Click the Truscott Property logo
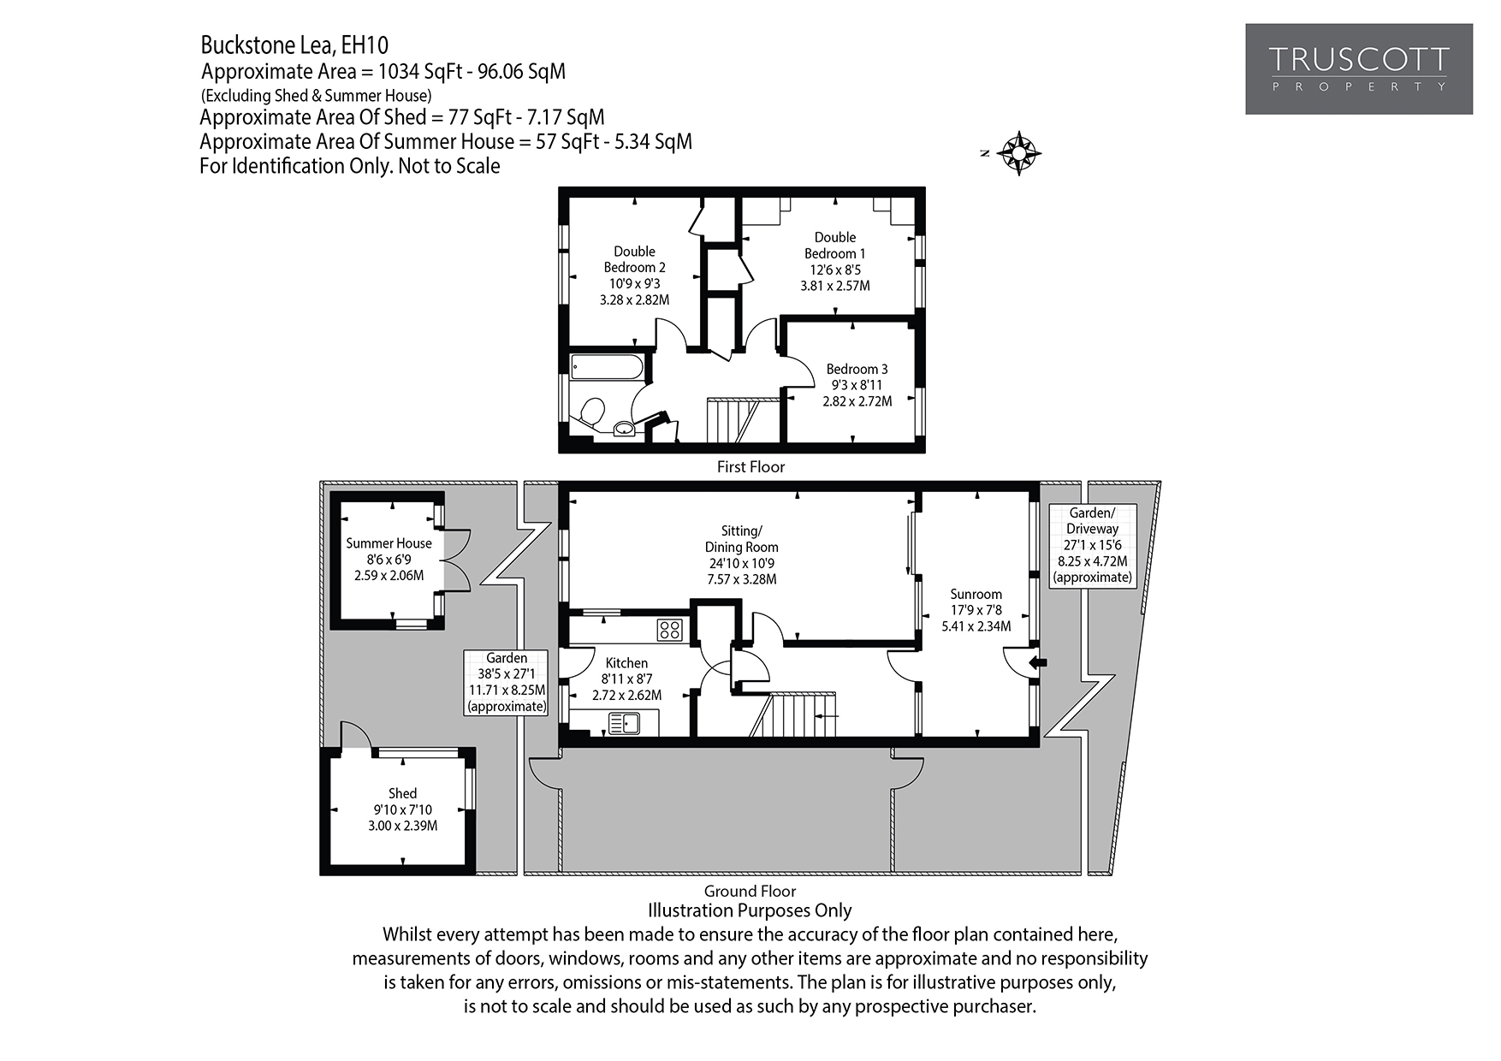[1358, 69]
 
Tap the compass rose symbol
[1019, 154]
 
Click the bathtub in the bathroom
[606, 367]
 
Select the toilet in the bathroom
[590, 412]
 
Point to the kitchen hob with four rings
[669, 631]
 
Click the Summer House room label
[389, 543]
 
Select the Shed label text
[402, 793]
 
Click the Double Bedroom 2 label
[634, 259]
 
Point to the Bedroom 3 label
[857, 369]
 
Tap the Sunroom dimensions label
[976, 610]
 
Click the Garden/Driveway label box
[1092, 545]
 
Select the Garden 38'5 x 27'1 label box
[506, 682]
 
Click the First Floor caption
[750, 467]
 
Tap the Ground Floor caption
[750, 891]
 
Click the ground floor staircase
[796, 714]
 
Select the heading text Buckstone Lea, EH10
[294, 44]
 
